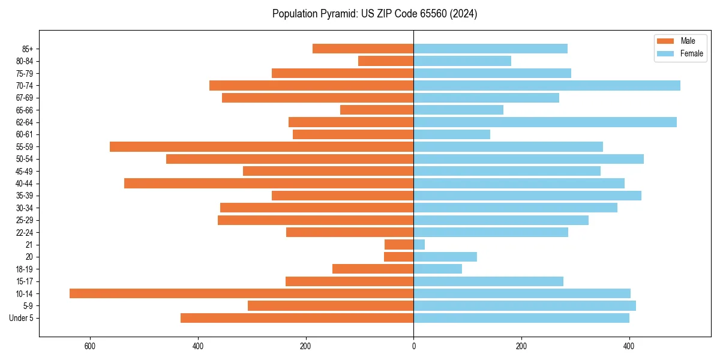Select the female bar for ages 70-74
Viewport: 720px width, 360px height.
[547, 85]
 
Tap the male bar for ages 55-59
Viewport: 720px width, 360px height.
[262, 146]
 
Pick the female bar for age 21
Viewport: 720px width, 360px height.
[419, 244]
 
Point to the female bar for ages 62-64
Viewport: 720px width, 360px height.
[545, 122]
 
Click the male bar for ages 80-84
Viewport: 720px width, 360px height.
[386, 61]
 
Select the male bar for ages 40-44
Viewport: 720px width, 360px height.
[269, 183]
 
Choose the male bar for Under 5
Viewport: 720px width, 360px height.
[297, 318]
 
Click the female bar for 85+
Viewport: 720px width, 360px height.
[490, 49]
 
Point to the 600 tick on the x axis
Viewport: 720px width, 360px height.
[90, 346]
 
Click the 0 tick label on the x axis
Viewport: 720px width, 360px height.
[413, 346]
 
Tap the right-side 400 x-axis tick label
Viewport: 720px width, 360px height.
[629, 346]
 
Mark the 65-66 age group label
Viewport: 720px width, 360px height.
[25, 110]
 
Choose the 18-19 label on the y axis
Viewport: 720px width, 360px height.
[25, 269]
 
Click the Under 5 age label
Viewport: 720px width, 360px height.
[22, 318]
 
